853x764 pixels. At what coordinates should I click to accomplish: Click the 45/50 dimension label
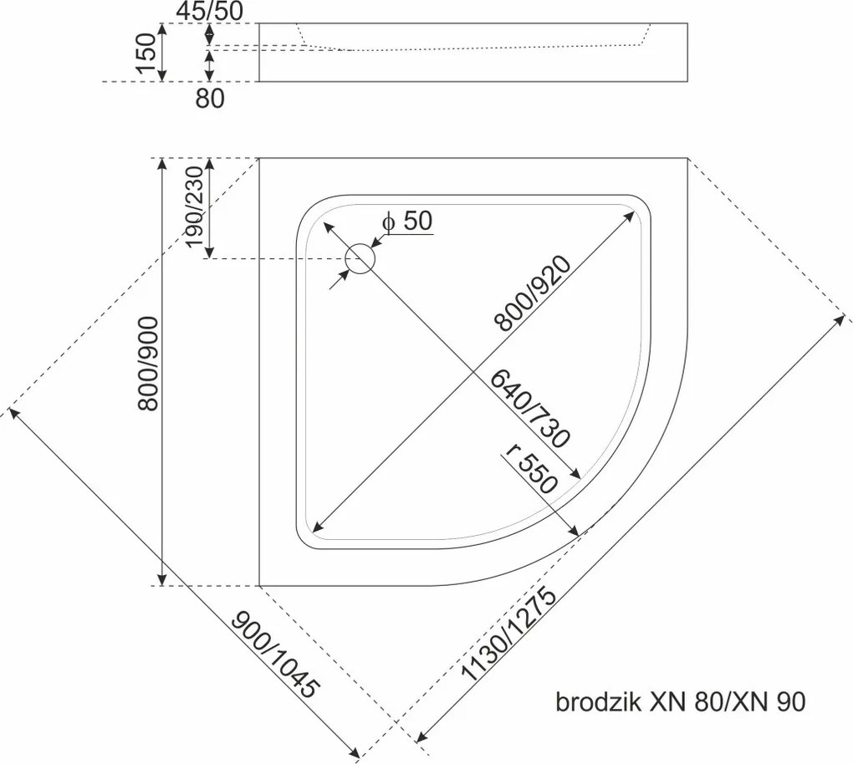point(209,12)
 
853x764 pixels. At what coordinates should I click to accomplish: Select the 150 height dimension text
point(147,53)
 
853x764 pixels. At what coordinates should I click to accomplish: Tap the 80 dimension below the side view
point(209,99)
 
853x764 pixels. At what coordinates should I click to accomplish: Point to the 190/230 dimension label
point(194,206)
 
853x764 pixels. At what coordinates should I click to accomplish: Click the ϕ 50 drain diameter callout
point(407,222)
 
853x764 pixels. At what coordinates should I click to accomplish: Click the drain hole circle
point(360,257)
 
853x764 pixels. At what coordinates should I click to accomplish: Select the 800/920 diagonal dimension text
point(534,293)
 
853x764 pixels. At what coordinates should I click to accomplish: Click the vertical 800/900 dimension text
point(148,364)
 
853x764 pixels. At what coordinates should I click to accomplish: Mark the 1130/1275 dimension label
point(508,635)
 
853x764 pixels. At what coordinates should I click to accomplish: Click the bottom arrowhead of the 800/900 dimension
point(161,579)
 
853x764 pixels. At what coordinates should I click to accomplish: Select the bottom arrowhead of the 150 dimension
point(161,75)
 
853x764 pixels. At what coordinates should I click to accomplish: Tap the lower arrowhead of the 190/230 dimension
point(209,252)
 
